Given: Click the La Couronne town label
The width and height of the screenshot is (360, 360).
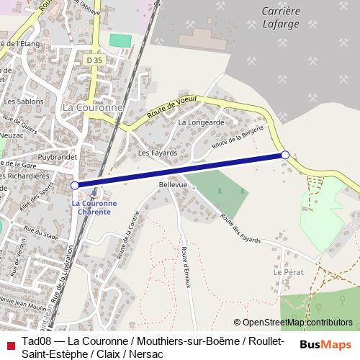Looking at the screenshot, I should tap(93, 107).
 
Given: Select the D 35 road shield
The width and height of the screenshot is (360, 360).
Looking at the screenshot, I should tap(94, 62).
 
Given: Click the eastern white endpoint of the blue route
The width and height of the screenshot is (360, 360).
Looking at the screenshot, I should tap(285, 155).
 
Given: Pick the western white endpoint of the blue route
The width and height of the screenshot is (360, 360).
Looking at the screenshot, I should tap(75, 185).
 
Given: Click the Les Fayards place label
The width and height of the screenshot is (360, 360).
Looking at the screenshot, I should tap(153, 153).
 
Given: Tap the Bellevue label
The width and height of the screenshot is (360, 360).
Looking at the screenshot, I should tap(173, 185).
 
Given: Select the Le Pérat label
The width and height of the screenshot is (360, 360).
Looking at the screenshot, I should tap(288, 273).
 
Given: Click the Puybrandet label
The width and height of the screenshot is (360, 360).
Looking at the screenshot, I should tap(58, 156).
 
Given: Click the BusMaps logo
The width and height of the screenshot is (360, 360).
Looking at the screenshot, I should tap(326, 346).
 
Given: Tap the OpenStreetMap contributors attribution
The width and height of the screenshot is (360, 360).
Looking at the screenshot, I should tap(293, 323).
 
